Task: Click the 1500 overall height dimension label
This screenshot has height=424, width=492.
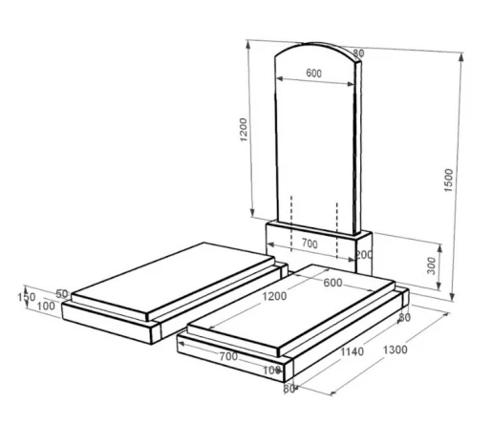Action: click(448, 180)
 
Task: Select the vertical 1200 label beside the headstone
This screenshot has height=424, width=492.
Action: click(244, 130)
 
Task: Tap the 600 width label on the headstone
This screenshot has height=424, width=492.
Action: click(314, 74)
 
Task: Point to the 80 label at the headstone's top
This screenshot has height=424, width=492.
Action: click(358, 53)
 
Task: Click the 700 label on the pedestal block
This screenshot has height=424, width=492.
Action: click(310, 244)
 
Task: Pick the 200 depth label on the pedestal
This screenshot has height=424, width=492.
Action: click(364, 255)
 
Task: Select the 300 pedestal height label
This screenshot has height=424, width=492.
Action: click(431, 265)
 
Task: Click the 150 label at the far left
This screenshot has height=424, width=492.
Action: click(26, 297)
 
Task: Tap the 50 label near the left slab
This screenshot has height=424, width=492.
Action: click(62, 294)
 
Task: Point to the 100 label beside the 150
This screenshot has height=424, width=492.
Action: click(46, 307)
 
